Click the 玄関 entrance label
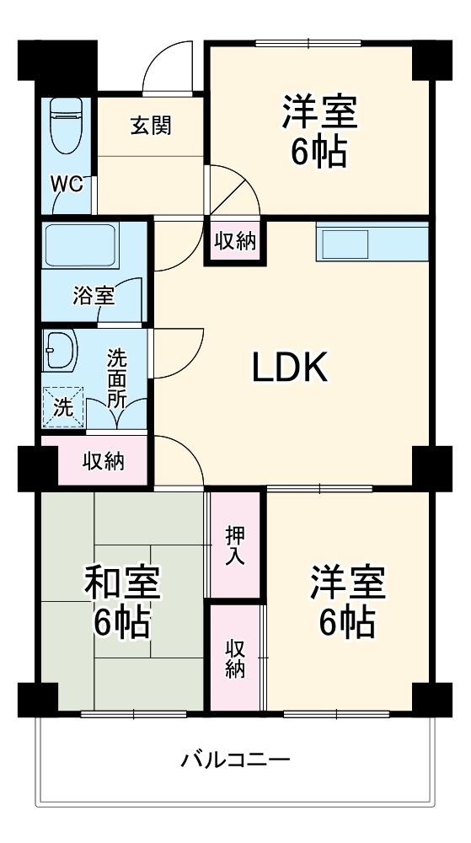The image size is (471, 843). (151, 126)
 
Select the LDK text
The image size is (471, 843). (290, 368)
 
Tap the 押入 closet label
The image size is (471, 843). (235, 546)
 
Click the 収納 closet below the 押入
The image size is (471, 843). (235, 658)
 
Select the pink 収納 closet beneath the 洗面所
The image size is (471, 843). (103, 461)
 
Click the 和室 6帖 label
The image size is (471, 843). (122, 601)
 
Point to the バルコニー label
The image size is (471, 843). (236, 760)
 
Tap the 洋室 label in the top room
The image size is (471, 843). (319, 112)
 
